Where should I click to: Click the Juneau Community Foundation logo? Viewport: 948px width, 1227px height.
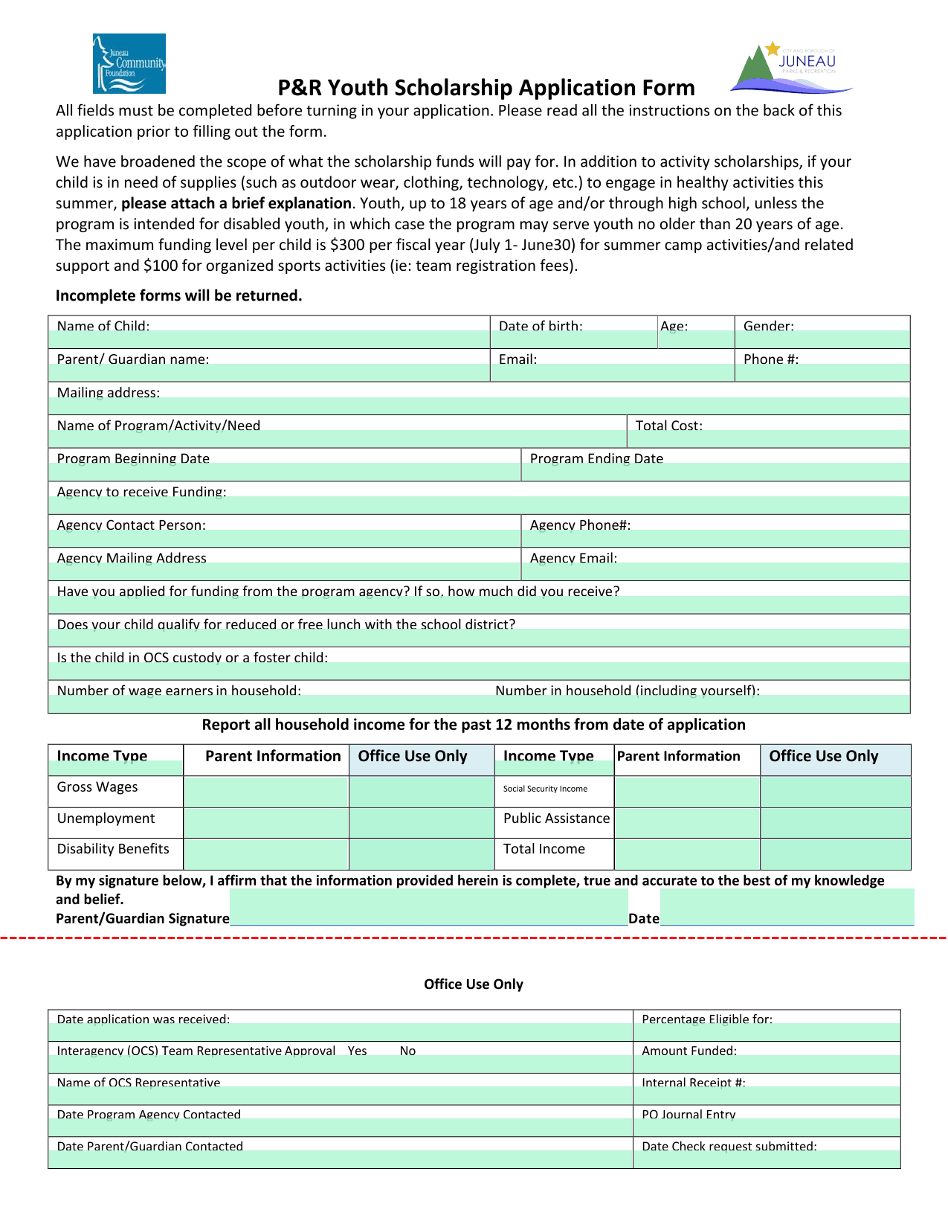(x=129, y=63)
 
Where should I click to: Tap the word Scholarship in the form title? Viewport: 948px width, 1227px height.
(x=452, y=88)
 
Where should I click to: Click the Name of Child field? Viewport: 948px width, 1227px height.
(x=268, y=339)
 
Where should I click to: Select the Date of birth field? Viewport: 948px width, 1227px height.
(x=574, y=339)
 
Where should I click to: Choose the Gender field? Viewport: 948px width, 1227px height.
(x=822, y=339)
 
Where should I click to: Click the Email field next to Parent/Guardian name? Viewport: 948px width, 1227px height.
(x=612, y=372)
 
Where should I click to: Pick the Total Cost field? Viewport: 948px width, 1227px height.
(x=769, y=438)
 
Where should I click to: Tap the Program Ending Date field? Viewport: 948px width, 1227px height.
(x=715, y=471)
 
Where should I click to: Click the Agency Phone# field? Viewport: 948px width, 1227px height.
(x=715, y=537)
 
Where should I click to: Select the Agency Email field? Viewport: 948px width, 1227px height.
(x=715, y=571)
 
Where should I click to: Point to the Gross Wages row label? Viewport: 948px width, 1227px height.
(x=97, y=787)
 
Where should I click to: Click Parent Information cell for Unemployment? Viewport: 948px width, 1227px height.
(x=266, y=823)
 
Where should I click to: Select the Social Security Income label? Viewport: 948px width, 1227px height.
(x=545, y=789)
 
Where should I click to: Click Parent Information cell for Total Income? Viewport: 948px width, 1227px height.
(x=687, y=854)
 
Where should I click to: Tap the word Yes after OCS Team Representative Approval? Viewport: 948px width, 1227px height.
(x=358, y=1051)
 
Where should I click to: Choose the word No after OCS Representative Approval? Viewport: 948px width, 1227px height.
(x=407, y=1051)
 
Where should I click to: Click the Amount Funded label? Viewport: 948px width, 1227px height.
(x=689, y=1051)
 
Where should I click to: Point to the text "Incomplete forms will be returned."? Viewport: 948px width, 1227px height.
(x=178, y=295)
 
